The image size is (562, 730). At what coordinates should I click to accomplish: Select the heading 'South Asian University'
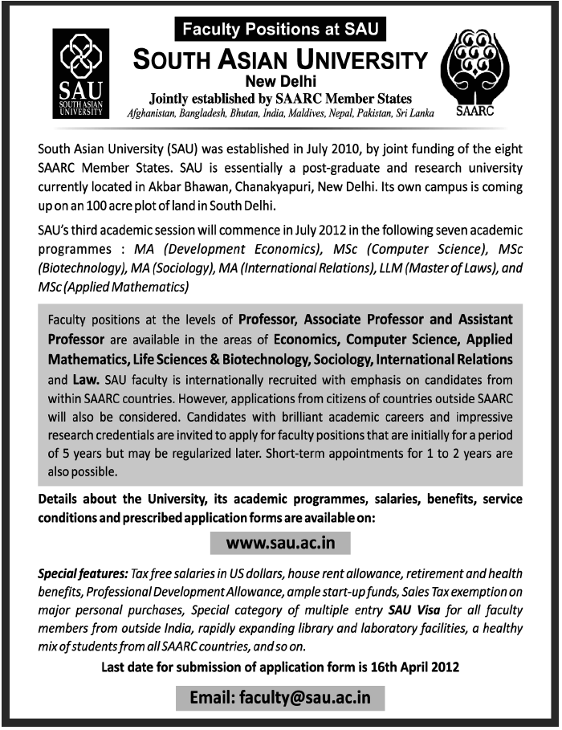(280, 59)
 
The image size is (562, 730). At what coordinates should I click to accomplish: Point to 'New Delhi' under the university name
(280, 81)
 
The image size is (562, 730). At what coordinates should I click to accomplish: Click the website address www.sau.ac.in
(279, 543)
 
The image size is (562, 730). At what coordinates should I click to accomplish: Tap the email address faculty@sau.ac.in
(280, 697)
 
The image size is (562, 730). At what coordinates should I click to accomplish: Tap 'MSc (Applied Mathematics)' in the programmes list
(112, 287)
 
